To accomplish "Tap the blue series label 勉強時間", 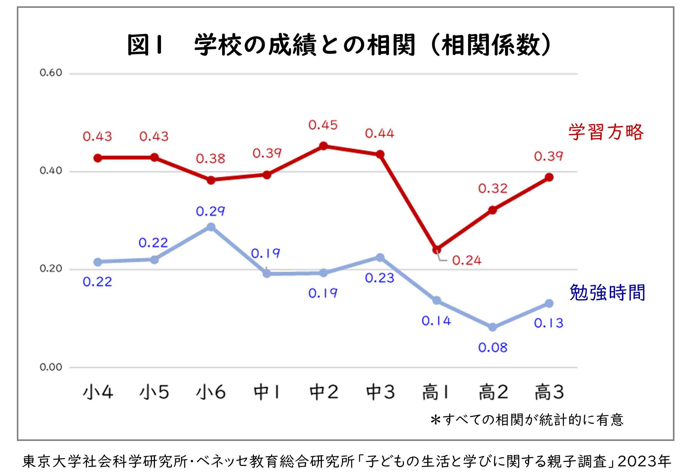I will tap(607, 293).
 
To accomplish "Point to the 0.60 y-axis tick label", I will tap(51, 73).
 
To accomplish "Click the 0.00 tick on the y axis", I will tap(51, 367).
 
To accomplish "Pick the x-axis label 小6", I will tap(211, 392).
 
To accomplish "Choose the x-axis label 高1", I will tap(435, 392).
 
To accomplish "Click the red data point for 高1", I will tap(437, 250).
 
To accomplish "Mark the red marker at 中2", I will tap(323, 146).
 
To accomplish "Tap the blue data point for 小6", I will tap(211, 226).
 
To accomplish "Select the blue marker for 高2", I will tap(492, 327).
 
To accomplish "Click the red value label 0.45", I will tap(323, 125).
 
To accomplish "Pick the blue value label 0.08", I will tap(493, 348).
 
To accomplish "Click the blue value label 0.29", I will tap(210, 211).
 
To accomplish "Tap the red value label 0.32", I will tap(493, 189).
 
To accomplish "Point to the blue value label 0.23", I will tap(379, 278).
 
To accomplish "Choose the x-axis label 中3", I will tap(380, 392).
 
